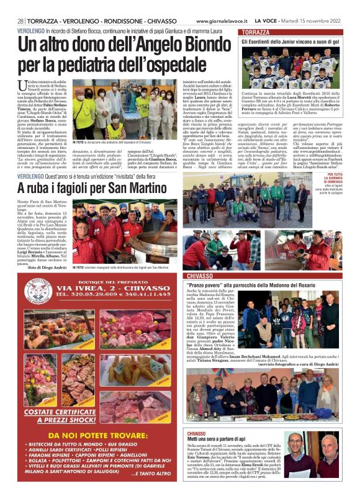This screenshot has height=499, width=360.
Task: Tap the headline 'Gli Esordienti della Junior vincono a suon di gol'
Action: (290, 42)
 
